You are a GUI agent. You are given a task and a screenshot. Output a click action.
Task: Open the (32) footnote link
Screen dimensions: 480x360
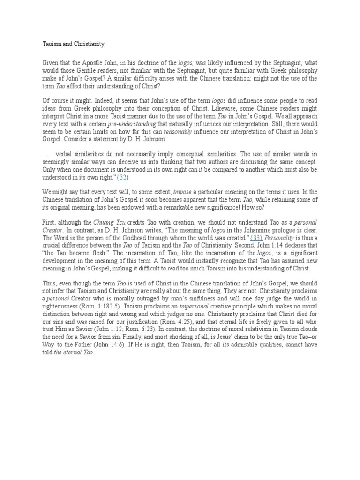coord(120,178)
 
